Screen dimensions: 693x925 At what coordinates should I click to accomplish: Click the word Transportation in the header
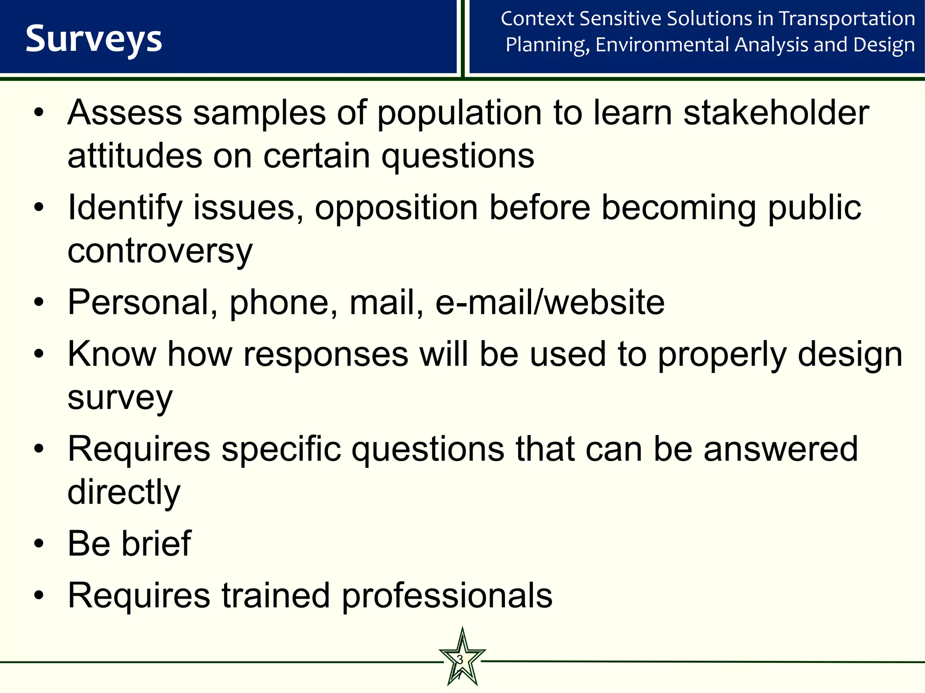pos(847,19)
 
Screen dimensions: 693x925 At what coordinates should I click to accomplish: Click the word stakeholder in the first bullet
pos(776,113)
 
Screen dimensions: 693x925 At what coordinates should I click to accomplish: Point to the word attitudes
pos(135,156)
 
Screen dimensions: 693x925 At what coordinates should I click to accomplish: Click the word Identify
pos(125,208)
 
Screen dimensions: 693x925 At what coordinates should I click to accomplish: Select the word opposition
pos(396,208)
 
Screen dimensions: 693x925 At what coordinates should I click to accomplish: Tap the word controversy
pos(160,251)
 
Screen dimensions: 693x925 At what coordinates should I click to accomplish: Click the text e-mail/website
pos(550,302)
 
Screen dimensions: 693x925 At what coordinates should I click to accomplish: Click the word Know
pos(112,355)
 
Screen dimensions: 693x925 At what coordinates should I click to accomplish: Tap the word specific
pos(281,449)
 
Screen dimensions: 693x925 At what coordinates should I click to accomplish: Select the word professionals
pos(447,596)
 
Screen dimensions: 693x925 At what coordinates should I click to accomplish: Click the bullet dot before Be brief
pos(39,544)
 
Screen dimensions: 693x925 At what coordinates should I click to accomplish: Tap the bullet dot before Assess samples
pos(39,113)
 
